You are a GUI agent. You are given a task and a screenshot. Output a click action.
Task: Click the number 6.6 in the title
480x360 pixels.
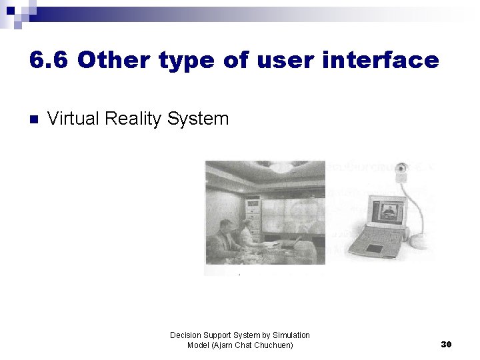(49, 61)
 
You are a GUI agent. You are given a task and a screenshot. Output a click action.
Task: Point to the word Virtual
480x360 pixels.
(74, 119)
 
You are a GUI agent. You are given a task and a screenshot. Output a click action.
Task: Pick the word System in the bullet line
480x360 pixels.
(198, 119)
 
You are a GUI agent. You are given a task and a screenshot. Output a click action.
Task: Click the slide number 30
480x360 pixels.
(447, 344)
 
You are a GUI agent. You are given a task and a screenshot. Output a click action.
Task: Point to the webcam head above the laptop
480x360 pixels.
(402, 169)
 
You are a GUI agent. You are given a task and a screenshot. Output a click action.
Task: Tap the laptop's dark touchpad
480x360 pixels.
(375, 248)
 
